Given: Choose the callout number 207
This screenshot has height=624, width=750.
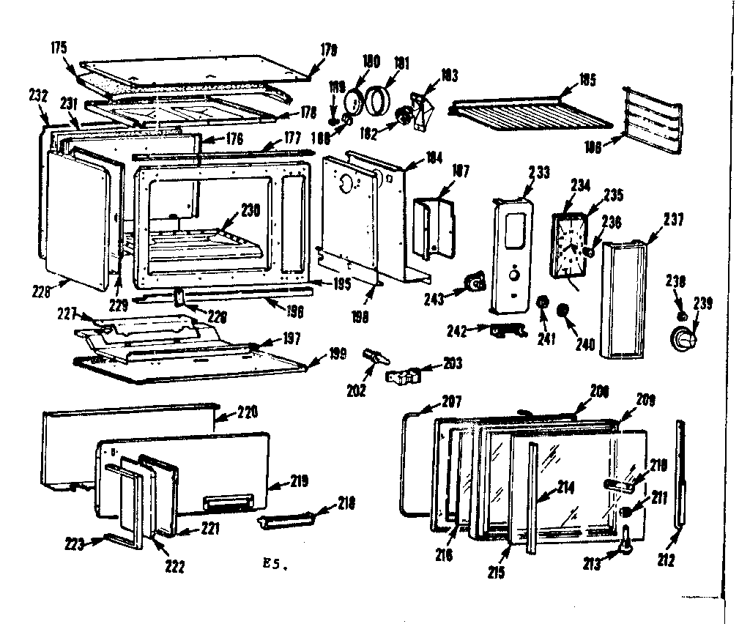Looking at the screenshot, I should (452, 401).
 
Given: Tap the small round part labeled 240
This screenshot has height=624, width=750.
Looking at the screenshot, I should (564, 311).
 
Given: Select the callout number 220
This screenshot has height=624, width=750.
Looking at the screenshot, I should (247, 413).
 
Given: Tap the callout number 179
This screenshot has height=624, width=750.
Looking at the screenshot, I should (328, 51).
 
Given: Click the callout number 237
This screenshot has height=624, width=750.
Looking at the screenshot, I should (674, 219).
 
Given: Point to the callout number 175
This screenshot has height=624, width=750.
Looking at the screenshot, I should (60, 48).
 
